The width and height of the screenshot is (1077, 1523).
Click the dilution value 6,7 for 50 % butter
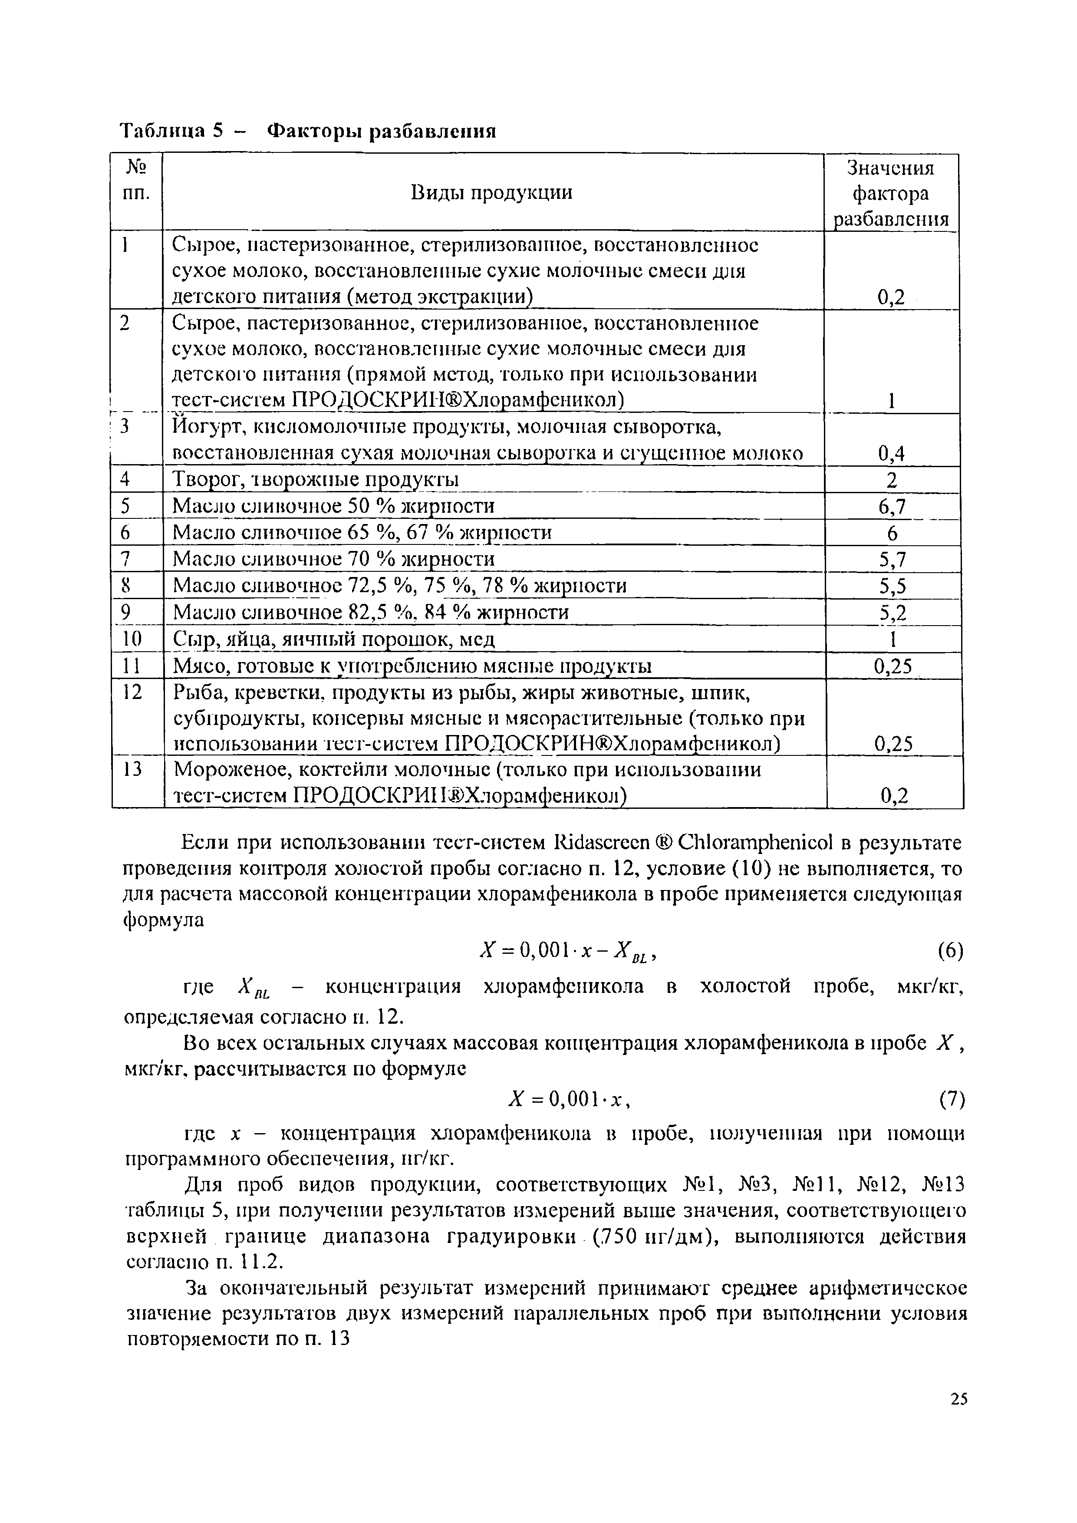point(892,507)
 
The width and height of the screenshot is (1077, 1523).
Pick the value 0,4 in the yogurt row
point(891,453)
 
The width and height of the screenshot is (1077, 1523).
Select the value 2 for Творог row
point(892,480)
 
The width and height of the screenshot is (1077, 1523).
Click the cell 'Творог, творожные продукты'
point(316,480)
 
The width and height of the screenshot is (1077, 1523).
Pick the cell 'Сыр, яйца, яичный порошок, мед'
point(333,639)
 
